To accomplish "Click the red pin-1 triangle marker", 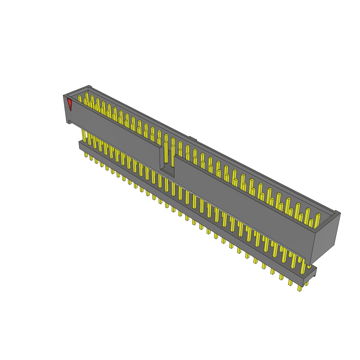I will pyautogui.click(x=70, y=104).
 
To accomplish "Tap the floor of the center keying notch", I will pyautogui.click(x=168, y=172).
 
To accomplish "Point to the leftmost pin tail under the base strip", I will pyautogui.click(x=86, y=154).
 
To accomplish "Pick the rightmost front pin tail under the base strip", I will pyautogui.click(x=300, y=288).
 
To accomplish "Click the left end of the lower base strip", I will pyautogui.click(x=81, y=145).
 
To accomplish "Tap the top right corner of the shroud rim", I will pyautogui.click(x=337, y=212).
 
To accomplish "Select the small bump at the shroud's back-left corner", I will pyautogui.click(x=90, y=86).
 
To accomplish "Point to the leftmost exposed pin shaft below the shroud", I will pyautogui.click(x=84, y=135).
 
